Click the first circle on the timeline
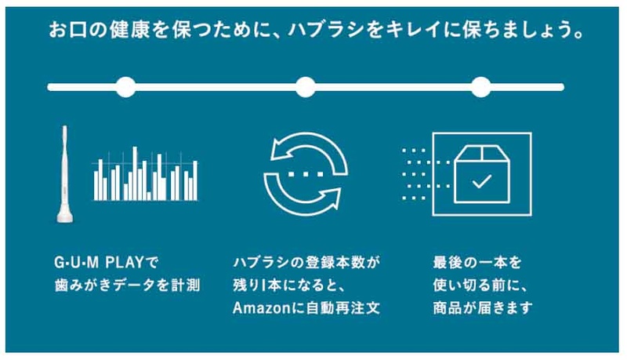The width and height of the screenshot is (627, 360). point(125,87)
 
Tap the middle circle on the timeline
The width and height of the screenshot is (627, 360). point(306,87)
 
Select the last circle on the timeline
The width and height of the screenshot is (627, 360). point(481,87)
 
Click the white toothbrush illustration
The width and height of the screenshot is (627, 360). point(65,174)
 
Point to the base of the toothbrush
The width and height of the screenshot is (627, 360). point(65,216)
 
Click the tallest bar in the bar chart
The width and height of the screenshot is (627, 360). point(135,173)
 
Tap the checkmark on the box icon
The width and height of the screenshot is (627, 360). point(482,181)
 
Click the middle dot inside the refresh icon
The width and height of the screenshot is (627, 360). point(306,174)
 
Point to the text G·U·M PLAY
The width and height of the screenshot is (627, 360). point(99,263)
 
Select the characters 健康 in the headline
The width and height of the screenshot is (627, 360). point(129,31)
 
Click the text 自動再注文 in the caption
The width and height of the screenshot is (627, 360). point(343,308)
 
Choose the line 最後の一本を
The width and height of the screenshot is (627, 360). point(477,263)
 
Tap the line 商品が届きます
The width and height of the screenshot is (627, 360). point(483,308)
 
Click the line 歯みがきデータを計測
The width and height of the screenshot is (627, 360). point(127,285)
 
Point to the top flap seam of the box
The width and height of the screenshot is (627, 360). point(482,153)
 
